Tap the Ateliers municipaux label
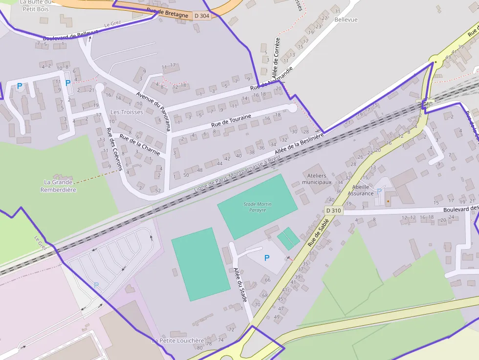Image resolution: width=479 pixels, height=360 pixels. point(317,179)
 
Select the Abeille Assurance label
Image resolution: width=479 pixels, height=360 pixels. point(361,190)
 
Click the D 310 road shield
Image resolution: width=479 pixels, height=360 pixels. point(333,211)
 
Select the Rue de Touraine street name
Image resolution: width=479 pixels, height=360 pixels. point(231,121)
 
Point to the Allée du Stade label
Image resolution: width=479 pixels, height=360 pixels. point(240,284)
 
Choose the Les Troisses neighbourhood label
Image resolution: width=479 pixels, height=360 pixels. point(127,112)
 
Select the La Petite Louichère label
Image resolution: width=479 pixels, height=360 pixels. point(177,340)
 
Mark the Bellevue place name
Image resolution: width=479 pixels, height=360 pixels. point(346,20)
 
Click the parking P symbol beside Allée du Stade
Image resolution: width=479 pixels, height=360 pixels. point(267,258)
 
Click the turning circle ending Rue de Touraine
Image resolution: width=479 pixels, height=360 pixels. point(292,108)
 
